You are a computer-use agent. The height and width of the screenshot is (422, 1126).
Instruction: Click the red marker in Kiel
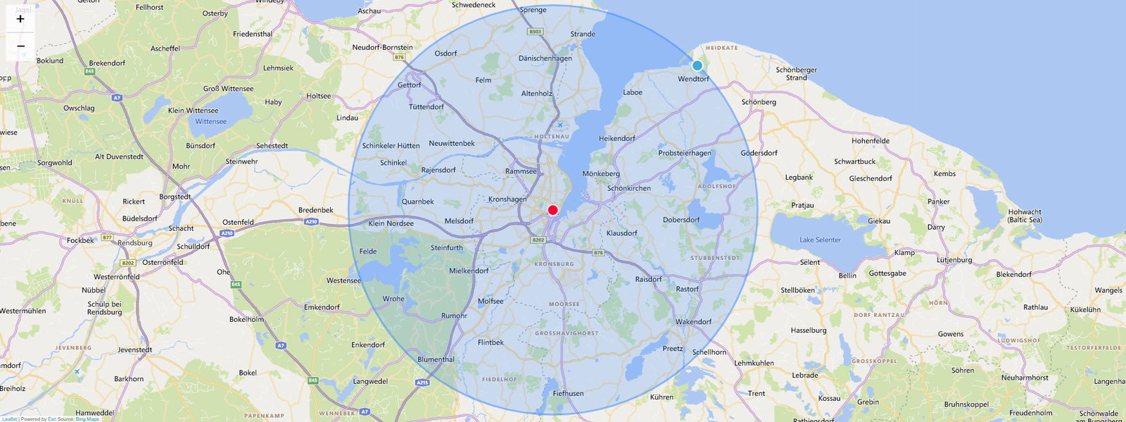tap(552, 210)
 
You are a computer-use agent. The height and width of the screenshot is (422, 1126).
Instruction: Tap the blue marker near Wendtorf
tap(697, 66)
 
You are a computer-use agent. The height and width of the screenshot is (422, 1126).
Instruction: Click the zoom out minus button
tap(20, 46)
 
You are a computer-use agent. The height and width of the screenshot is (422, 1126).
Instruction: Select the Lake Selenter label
tap(820, 240)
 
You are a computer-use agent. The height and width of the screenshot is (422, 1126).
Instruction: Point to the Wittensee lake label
tap(210, 122)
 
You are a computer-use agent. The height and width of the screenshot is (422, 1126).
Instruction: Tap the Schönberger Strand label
tap(796, 74)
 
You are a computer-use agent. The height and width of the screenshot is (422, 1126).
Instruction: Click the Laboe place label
tap(632, 92)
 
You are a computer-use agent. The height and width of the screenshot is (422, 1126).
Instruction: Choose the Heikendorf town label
tap(616, 139)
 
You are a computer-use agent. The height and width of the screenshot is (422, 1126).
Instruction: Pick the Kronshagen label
tap(507, 199)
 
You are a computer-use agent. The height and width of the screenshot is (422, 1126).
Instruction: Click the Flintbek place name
tap(491, 343)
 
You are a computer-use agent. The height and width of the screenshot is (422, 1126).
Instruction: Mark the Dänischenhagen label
tap(545, 58)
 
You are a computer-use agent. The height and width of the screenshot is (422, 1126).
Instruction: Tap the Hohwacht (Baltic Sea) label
tap(1025, 216)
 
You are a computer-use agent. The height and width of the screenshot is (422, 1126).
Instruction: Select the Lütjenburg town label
tap(954, 260)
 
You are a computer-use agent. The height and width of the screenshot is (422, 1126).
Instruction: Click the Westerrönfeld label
tap(116, 277)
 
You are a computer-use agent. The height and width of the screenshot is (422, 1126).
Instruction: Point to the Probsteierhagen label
tap(684, 153)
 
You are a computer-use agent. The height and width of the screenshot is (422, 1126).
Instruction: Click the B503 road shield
tap(535, 32)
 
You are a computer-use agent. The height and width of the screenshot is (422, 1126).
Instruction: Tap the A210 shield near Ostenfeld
tap(227, 233)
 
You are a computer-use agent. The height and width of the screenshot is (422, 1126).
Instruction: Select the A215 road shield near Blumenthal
tap(422, 383)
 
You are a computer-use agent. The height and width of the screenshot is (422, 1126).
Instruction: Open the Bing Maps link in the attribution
tap(87, 419)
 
